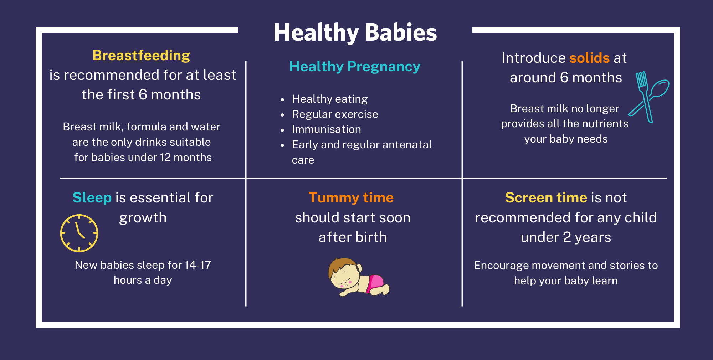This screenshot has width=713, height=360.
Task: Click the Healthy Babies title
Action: [x=355, y=32]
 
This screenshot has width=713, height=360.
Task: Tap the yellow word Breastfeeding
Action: [x=141, y=56]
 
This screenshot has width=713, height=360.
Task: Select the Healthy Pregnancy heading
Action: [x=355, y=67]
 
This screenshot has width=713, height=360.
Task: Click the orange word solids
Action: [x=590, y=58]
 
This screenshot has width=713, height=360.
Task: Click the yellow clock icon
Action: [x=79, y=233]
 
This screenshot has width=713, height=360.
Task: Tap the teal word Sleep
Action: [x=92, y=198]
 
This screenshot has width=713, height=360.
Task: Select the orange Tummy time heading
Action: [x=351, y=198]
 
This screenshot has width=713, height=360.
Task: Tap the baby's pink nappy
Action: [x=376, y=282]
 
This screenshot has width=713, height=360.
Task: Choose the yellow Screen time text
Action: [x=546, y=198]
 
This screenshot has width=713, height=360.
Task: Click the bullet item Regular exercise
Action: [x=335, y=114]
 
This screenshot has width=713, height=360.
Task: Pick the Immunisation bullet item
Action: [x=326, y=129]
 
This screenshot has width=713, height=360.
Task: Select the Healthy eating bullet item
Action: [x=330, y=99]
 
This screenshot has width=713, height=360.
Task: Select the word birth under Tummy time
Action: [x=371, y=237]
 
